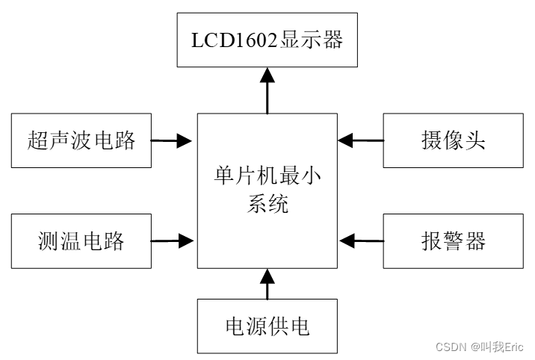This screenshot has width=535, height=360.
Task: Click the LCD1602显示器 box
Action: (x=267, y=40)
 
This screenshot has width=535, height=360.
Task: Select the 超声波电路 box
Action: (x=81, y=140)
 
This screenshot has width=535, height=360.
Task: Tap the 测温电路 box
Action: (x=81, y=240)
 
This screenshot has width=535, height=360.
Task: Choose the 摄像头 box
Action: (x=453, y=140)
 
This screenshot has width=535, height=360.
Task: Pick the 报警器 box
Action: (x=453, y=240)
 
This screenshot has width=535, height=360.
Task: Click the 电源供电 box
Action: (x=267, y=326)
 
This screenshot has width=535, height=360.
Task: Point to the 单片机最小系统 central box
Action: (x=267, y=190)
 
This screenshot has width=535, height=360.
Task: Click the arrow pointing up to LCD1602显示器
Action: (x=267, y=90)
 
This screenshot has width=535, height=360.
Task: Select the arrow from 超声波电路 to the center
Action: (x=173, y=139)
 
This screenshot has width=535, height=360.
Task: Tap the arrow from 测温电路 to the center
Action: (x=173, y=240)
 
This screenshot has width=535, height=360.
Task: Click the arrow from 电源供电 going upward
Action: (x=267, y=285)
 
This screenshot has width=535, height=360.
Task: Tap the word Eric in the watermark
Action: (x=513, y=347)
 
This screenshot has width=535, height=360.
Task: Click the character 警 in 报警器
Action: (x=453, y=241)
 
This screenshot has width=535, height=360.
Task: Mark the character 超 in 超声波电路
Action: (x=40, y=140)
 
